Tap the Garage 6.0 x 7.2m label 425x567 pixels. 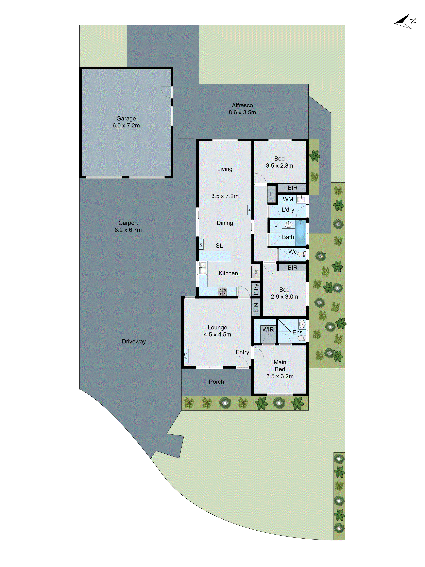point(126,122)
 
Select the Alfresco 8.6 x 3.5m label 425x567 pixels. point(242,109)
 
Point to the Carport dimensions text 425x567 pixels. point(128,230)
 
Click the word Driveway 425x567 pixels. point(134,341)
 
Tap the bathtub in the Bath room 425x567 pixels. point(301,232)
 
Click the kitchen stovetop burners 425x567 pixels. point(222,291)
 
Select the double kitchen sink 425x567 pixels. point(203,268)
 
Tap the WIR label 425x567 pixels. point(268,329)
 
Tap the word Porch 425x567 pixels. point(216,382)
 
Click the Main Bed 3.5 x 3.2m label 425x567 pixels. point(280,369)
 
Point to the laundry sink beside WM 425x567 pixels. point(301,199)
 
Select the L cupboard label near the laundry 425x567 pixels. point(272,194)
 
